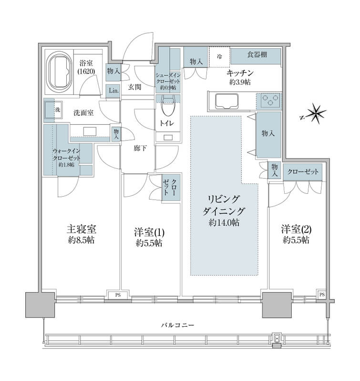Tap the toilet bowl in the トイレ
coord(167,106)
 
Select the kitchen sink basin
coord(226,101)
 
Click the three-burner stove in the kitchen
coord(269,101)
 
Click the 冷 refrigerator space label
coord(219,57)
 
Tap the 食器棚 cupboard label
coord(257,55)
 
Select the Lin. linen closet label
coord(113,90)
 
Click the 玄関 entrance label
coord(134,87)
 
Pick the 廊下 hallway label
coord(140,148)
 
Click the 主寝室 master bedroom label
coord(82,229)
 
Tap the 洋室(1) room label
coord(149,232)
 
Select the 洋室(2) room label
coord(296,229)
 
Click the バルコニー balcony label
coord(178,325)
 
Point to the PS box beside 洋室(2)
coord(322,294)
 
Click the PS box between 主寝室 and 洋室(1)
coord(118,295)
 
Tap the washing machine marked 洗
coord(53,110)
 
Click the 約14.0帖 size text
coord(224,222)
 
